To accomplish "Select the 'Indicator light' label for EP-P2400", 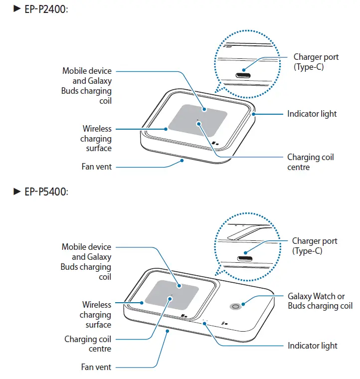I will click(312, 114).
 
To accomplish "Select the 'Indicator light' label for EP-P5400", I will click(312, 346).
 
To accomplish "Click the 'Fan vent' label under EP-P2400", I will click(97, 167).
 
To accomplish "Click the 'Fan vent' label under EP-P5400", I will click(96, 367).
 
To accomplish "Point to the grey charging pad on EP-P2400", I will click(197, 119).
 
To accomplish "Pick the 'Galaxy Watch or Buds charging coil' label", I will click(320, 301).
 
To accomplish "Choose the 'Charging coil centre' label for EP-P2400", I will click(310, 162).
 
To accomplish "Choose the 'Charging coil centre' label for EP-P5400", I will click(88, 344).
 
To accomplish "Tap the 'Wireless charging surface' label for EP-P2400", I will click(96, 139).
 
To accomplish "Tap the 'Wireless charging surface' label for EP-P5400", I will click(95, 315).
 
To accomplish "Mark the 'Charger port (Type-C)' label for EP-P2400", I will click(316, 62).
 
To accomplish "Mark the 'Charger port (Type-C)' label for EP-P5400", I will click(314, 246).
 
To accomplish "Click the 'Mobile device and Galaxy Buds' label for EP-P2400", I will click(87, 86).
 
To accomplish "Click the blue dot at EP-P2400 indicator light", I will click(253, 114).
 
